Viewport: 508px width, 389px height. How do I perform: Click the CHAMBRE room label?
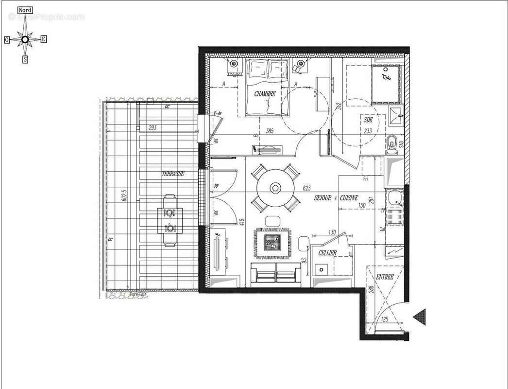[265, 94]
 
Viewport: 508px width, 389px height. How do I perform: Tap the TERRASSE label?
[173, 173]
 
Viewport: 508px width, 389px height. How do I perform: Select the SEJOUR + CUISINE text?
[336, 198]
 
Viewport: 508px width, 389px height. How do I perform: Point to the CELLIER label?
[327, 253]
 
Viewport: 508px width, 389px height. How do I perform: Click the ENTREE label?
[385, 277]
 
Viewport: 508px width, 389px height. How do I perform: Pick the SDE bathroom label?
[367, 119]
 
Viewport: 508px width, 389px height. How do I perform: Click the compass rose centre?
[25, 39]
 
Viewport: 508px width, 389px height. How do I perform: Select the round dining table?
[276, 188]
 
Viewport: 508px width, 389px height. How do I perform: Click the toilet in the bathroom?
[393, 143]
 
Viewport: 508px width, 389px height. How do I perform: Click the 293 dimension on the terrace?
[153, 128]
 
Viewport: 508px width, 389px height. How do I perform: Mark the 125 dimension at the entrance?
[384, 319]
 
